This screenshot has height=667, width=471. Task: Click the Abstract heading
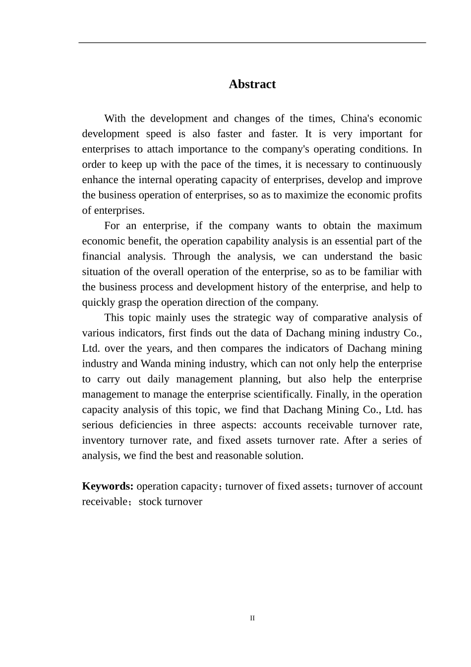coord(252,84)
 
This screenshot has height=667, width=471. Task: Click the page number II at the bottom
coord(252,618)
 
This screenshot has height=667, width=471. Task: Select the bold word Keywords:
coord(108,486)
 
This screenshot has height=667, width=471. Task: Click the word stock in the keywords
coord(150,502)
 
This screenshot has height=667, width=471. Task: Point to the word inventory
coord(103,441)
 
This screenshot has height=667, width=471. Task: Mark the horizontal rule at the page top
coord(252,43)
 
